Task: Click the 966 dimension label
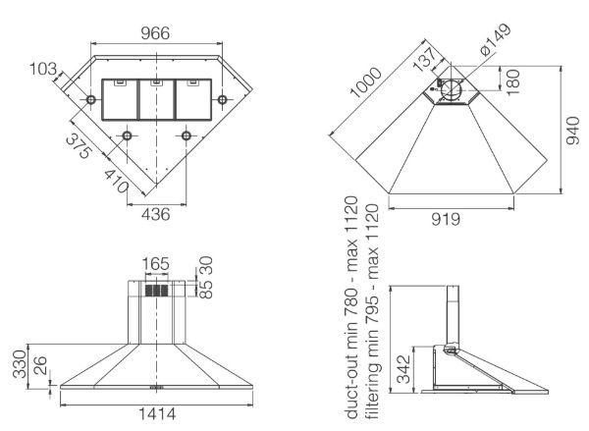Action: [155, 33]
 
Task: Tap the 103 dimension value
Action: [43, 69]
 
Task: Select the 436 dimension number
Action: [155, 214]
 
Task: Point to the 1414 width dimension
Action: [157, 413]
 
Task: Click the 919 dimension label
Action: [446, 219]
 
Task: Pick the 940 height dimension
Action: [573, 131]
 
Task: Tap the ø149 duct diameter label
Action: [496, 39]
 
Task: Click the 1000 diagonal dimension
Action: [365, 82]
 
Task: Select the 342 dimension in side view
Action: [403, 369]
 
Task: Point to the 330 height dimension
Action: [20, 363]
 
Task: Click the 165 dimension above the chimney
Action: [156, 264]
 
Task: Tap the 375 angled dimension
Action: [79, 146]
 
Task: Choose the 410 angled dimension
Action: [117, 182]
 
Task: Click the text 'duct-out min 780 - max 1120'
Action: [352, 307]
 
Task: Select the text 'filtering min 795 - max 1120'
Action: [372, 311]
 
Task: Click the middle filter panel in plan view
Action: [157, 100]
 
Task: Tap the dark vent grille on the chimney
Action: [157, 291]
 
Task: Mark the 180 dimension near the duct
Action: [512, 81]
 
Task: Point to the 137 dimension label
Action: [425, 59]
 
